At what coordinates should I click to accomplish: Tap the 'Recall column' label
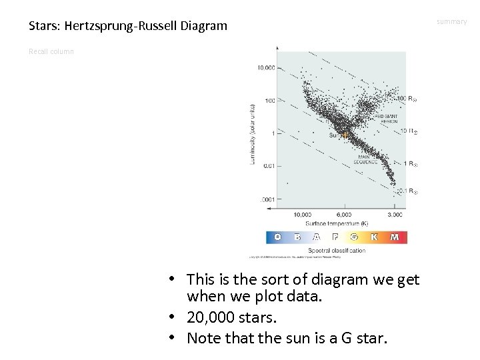(x=51, y=51)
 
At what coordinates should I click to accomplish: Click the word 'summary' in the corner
(x=452, y=22)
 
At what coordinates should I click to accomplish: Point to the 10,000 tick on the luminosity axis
(x=265, y=67)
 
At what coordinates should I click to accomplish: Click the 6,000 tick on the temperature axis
(x=343, y=215)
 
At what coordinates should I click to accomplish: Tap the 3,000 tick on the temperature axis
(x=394, y=215)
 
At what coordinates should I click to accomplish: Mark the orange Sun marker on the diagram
(x=345, y=135)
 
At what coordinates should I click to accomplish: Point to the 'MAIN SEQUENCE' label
(x=365, y=159)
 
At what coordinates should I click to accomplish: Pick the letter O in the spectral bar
(x=277, y=237)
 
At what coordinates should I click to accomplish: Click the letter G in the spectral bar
(x=354, y=237)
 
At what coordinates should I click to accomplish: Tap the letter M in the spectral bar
(x=394, y=237)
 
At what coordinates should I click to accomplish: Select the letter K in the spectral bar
(x=375, y=237)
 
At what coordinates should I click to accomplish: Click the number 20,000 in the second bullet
(x=209, y=319)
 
